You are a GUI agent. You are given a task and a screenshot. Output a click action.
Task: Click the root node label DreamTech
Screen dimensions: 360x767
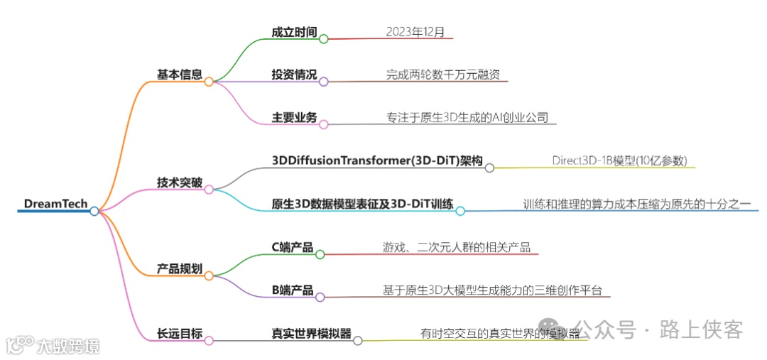[55, 204]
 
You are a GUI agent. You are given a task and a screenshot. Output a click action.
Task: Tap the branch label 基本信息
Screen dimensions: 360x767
[180, 74]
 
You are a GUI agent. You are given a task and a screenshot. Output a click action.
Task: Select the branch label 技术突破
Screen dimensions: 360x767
[180, 182]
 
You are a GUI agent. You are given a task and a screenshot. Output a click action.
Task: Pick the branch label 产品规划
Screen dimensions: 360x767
[180, 269]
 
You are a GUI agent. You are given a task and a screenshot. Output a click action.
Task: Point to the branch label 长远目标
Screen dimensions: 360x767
[180, 333]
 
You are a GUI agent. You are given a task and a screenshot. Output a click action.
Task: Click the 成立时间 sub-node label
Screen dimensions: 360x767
[294, 33]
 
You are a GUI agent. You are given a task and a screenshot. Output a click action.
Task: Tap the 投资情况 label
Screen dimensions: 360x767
[294, 75]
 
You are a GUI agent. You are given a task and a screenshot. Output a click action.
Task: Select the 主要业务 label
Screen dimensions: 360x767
[294, 117]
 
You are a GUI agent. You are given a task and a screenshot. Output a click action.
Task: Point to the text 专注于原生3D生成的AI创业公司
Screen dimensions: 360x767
[467, 117]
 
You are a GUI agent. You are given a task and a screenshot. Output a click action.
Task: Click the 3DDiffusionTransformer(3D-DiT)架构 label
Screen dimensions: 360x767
[378, 161]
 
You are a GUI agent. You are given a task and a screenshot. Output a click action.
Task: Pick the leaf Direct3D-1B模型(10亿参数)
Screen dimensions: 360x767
[620, 160]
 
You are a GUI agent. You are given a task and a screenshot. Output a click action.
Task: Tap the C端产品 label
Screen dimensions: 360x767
[292, 247]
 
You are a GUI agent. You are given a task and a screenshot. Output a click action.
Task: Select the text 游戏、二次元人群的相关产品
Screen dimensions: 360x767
[455, 247]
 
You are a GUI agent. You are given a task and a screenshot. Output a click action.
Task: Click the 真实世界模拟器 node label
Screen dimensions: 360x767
[312, 333]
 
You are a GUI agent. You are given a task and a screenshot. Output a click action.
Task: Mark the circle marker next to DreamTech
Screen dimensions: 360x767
[94, 211]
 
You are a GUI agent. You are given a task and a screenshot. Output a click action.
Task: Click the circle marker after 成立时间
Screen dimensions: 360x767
[324, 39]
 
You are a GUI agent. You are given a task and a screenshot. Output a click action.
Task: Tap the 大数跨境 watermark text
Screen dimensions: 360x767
[68, 346]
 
